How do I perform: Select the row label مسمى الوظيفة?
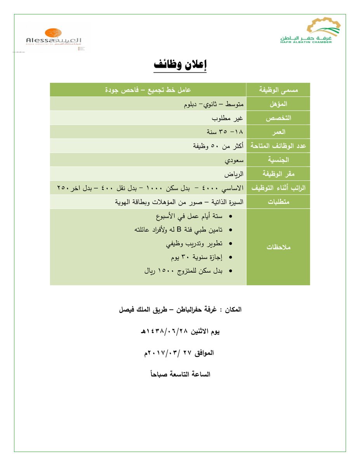[x=278, y=90]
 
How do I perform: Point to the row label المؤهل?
[x=278, y=104]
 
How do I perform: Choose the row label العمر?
[x=278, y=132]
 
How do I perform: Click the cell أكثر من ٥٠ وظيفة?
[x=218, y=146]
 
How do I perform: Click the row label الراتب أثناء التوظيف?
[x=278, y=188]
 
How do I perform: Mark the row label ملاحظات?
[x=278, y=247]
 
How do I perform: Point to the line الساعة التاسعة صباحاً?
[x=180, y=374]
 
